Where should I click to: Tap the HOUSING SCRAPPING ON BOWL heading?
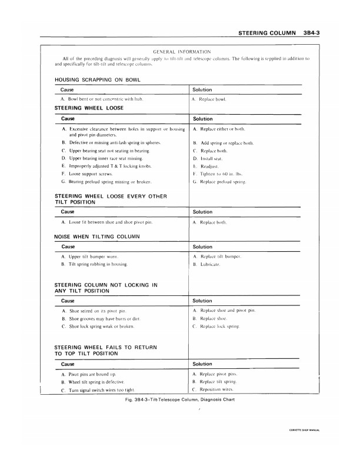96,79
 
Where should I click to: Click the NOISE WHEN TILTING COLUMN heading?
96,236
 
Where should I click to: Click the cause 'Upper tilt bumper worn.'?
94,257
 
